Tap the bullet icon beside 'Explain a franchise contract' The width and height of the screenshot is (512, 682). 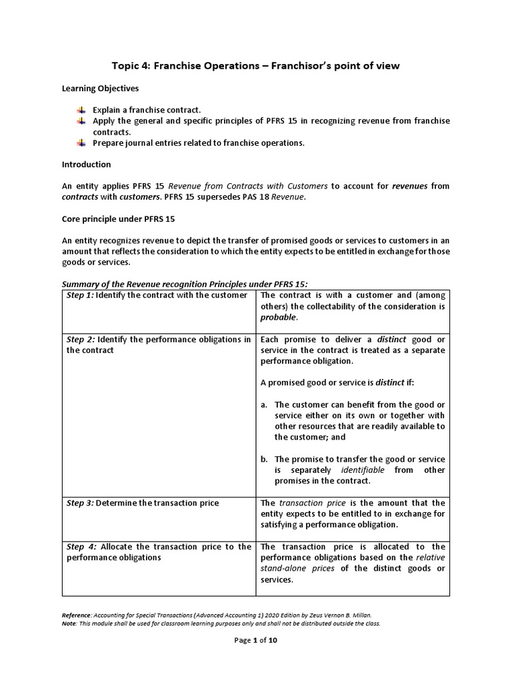(x=81, y=110)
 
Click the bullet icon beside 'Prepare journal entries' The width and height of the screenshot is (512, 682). (x=81, y=143)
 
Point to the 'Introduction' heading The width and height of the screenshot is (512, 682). (x=87, y=165)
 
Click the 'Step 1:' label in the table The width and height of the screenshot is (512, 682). (x=80, y=295)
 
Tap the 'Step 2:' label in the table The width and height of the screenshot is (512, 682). (x=80, y=340)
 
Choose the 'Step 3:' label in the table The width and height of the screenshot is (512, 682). (x=80, y=504)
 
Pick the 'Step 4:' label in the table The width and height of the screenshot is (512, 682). (x=81, y=547)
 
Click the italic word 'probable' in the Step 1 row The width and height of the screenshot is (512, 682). (x=277, y=317)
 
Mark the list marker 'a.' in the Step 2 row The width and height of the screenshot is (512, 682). (x=265, y=405)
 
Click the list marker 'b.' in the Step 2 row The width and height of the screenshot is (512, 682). (x=265, y=460)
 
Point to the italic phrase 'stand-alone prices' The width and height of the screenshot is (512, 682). (x=298, y=568)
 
